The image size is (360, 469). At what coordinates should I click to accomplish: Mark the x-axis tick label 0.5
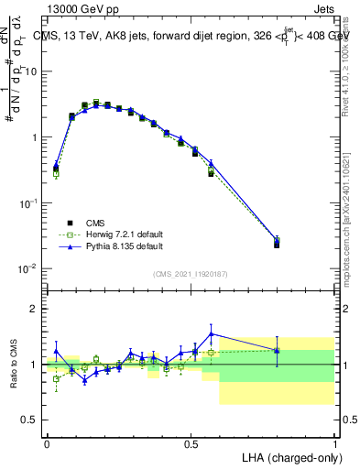click(191, 442)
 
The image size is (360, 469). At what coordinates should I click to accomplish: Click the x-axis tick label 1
click(334, 442)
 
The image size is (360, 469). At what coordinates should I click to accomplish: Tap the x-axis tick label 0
click(47, 442)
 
